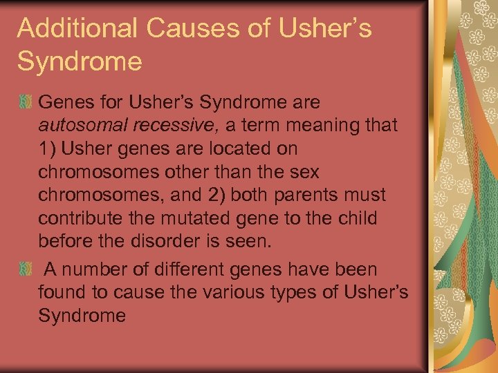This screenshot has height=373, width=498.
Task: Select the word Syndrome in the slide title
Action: (80, 61)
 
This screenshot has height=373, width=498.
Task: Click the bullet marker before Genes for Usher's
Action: (25, 103)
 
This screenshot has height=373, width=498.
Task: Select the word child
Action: (357, 220)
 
